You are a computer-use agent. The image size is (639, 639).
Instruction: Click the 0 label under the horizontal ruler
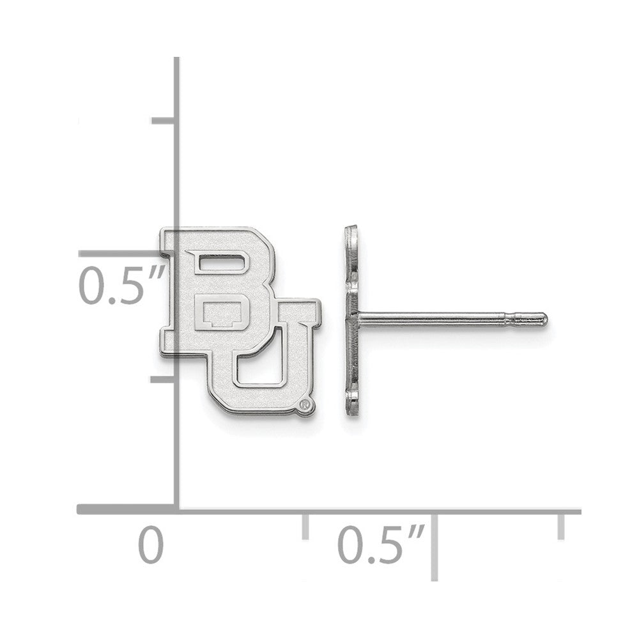click(151, 545)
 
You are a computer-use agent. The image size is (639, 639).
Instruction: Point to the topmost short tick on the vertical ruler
click(164, 120)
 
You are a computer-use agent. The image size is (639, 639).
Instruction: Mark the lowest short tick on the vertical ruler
click(164, 378)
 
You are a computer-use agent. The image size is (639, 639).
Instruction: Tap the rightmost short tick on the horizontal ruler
click(561, 525)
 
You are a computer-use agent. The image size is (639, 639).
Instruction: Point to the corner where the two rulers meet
click(177, 510)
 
